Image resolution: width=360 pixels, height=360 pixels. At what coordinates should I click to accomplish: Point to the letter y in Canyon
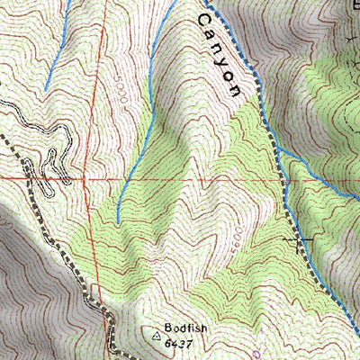pyautogui.click(x=225, y=62)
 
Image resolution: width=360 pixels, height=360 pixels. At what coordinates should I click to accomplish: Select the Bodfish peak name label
pyautogui.click(x=185, y=329)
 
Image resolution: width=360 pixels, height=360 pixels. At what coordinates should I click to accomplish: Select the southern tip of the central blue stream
pyautogui.click(x=119, y=219)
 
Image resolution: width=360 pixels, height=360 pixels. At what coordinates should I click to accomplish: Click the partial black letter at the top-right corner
pyautogui.click(x=354, y=4)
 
